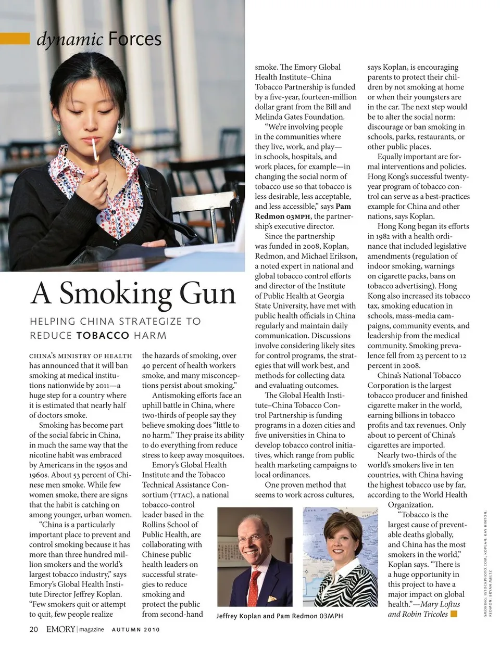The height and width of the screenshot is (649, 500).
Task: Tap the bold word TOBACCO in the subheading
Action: coord(102,336)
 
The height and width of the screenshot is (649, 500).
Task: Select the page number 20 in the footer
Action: coord(34,629)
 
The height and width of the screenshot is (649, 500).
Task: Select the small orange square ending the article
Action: coord(454,614)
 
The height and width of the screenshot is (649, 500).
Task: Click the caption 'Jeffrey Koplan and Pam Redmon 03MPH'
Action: coord(280,616)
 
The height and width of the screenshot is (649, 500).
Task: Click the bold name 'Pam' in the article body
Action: coord(343,207)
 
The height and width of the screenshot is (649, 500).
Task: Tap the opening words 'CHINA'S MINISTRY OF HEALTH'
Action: coord(81,356)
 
